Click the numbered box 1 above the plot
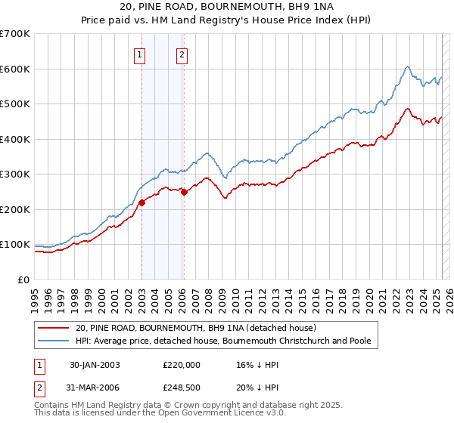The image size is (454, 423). (141, 54)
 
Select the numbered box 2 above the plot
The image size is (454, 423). (183, 54)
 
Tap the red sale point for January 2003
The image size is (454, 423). (141, 202)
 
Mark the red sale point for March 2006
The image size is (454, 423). (184, 192)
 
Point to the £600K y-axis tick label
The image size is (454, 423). (15, 69)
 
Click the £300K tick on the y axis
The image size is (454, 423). (15, 174)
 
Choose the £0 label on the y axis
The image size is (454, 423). (23, 279)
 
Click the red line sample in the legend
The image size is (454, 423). (54, 328)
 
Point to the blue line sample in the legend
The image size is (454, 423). (54, 341)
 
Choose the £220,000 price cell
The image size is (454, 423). (181, 364)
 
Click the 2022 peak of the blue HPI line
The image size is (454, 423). (407, 66)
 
